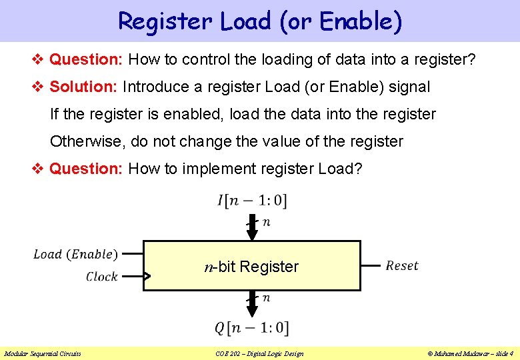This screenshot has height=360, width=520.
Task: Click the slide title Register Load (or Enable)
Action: [260, 21]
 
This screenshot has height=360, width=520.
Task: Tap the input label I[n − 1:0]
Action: [252, 200]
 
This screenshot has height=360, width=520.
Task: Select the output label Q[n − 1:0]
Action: [252, 327]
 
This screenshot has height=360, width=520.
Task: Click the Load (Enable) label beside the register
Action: [75, 254]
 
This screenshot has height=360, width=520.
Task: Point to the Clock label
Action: [101, 277]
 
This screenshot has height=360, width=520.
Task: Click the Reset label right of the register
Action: [402, 266]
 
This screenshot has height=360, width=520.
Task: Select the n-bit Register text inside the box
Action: [251, 267]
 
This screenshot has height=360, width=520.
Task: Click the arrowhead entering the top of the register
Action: [252, 234]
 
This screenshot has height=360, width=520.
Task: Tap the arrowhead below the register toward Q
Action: [252, 311]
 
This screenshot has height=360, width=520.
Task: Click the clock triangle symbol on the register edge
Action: [147, 276]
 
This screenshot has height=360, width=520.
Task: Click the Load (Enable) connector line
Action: [133, 254]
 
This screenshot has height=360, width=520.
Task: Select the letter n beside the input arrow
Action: [266, 222]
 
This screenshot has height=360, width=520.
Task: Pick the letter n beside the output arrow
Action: [266, 298]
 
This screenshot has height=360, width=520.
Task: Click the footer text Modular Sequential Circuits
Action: [42, 353]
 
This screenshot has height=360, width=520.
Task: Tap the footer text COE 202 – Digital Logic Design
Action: [259, 353]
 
